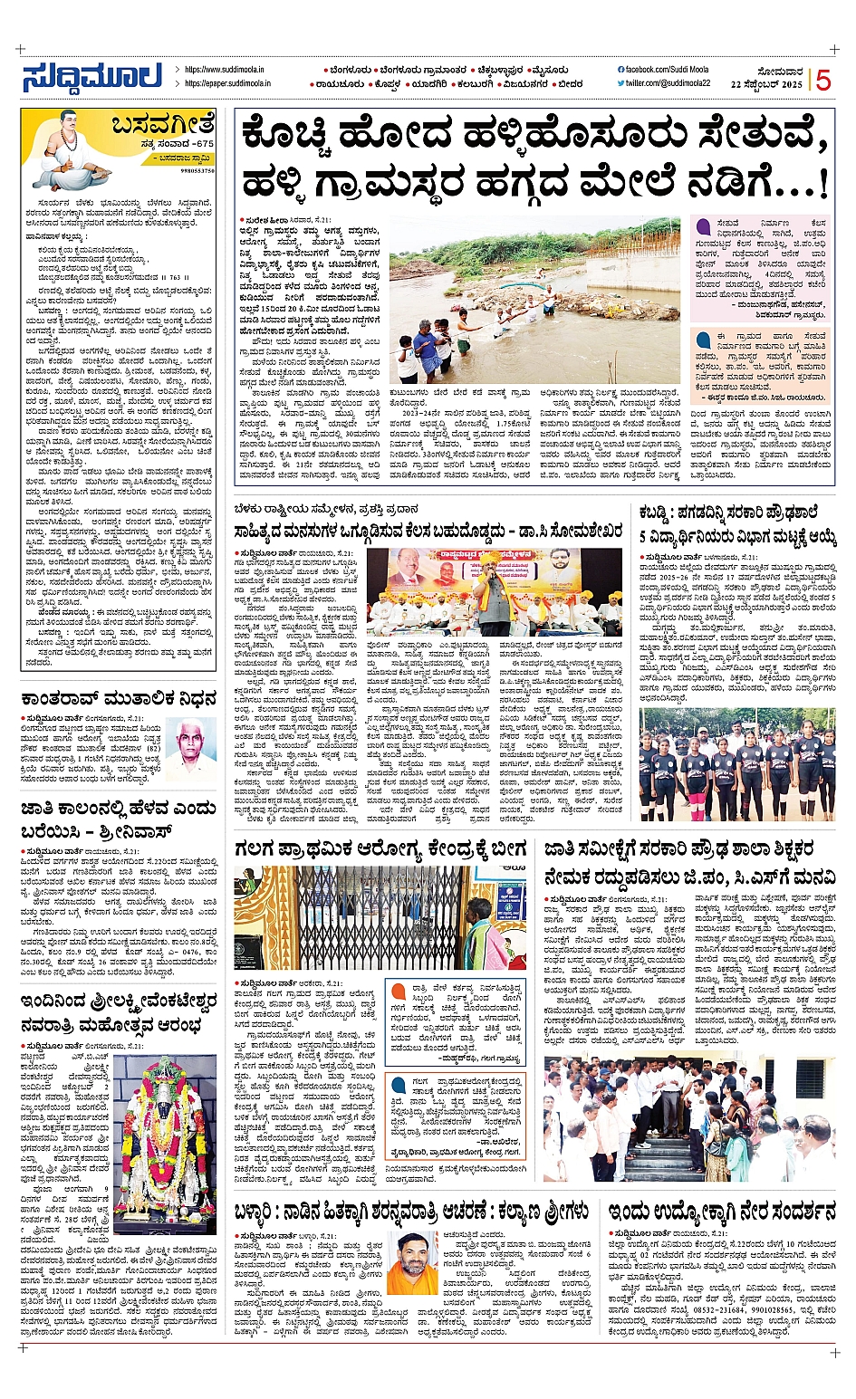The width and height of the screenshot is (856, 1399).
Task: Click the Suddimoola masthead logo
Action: pyautogui.click(x=92, y=76)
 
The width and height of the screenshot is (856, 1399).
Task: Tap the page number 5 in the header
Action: pyautogui.click(x=822, y=81)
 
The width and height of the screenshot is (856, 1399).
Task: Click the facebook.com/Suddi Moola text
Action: pyautogui.click(x=667, y=70)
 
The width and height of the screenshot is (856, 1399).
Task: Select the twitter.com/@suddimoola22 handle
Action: pyautogui.click(x=668, y=83)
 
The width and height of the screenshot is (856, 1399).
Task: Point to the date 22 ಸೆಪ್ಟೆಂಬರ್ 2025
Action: pyautogui.click(x=766, y=84)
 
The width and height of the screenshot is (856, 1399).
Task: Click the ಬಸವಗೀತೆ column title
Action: pyautogui.click(x=164, y=124)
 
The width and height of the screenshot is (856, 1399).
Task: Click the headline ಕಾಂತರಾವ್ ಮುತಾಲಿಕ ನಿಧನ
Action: pyautogui.click(x=119, y=698)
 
